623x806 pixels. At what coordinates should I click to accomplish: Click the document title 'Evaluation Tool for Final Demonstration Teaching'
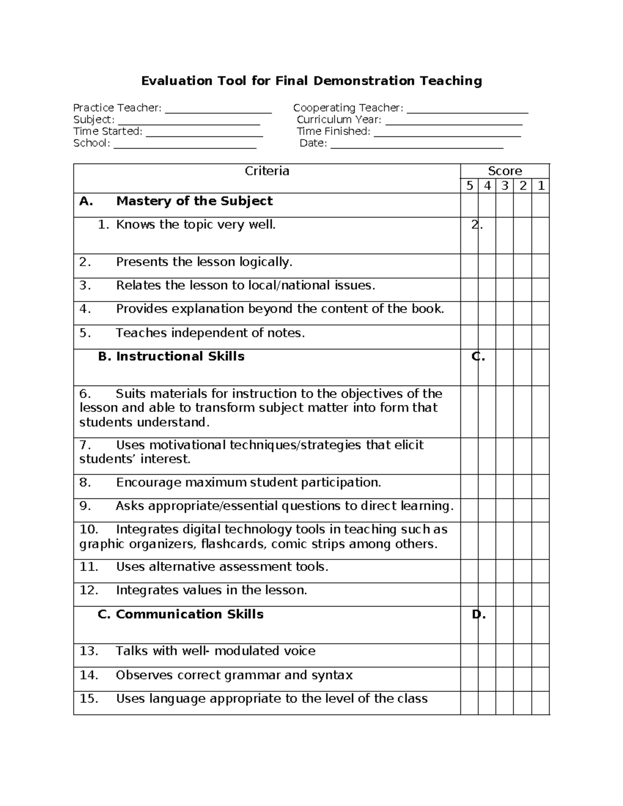click(311, 81)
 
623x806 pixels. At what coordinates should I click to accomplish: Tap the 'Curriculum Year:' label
click(338, 120)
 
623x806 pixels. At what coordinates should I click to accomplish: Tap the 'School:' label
click(91, 143)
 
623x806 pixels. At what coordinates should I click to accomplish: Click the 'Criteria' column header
click(267, 171)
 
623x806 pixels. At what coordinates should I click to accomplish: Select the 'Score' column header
click(505, 171)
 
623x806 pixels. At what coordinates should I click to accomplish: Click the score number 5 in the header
click(469, 186)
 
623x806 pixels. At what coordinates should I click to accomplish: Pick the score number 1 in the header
click(541, 186)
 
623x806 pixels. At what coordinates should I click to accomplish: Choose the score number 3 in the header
click(505, 186)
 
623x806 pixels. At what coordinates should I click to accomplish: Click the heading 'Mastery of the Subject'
click(194, 201)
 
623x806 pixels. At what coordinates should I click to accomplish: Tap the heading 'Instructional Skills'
click(180, 357)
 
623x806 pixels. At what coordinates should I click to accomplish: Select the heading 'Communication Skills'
click(189, 614)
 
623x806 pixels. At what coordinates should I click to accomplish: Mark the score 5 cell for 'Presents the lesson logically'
click(469, 266)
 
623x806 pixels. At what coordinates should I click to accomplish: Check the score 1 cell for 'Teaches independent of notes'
click(540, 337)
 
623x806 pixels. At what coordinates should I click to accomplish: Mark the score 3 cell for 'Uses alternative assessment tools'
click(505, 571)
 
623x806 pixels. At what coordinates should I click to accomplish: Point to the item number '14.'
click(89, 675)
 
